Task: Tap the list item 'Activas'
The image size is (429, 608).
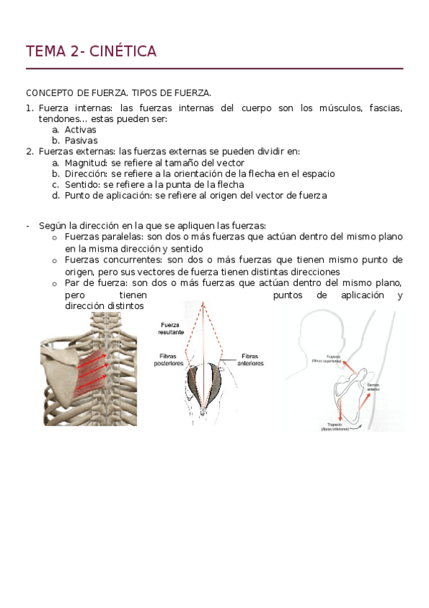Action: (80, 130)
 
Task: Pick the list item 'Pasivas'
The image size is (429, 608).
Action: (81, 141)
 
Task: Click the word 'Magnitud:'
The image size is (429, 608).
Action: (86, 163)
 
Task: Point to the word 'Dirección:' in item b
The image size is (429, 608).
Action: (87, 174)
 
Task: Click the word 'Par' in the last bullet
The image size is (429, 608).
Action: (72, 283)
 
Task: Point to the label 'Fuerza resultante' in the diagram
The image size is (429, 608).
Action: (173, 328)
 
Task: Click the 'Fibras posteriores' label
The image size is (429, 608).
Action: (172, 359)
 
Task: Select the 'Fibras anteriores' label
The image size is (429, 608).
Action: (250, 359)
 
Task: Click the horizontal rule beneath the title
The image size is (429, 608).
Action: (214, 69)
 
